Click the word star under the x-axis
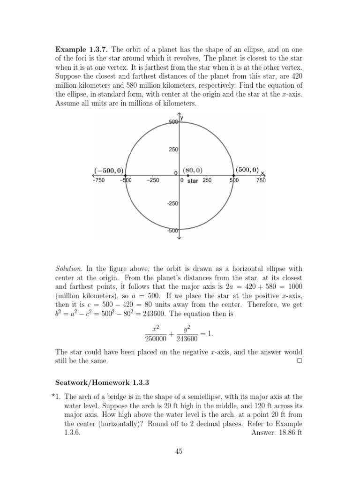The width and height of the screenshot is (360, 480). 193,181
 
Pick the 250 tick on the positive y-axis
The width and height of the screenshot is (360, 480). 173,149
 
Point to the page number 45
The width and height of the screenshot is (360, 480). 180,451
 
